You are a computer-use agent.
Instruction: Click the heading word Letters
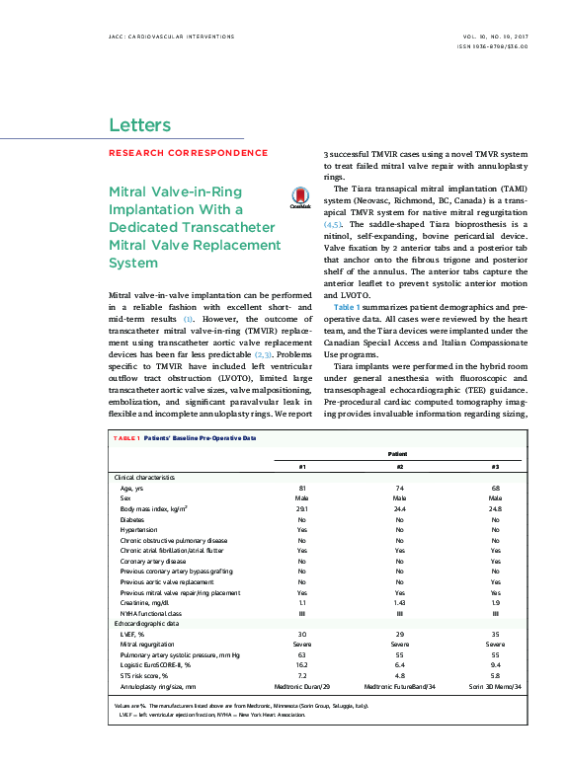click(x=139, y=125)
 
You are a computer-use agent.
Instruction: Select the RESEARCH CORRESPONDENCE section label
click(x=188, y=153)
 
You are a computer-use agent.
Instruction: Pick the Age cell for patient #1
click(x=302, y=488)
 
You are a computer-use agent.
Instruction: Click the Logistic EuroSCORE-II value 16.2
click(x=302, y=666)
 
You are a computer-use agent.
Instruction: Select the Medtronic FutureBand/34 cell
click(x=399, y=688)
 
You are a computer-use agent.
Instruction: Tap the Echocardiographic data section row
click(x=147, y=625)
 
